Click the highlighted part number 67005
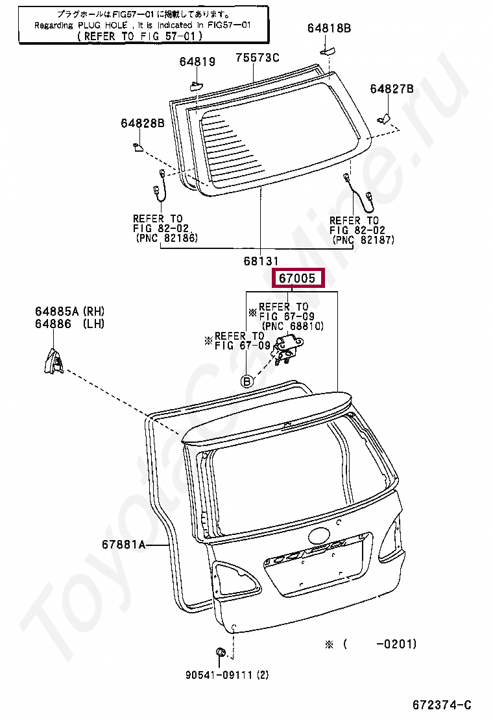(x=298, y=279)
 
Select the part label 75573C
(x=257, y=58)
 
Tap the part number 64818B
(x=329, y=28)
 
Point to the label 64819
(x=197, y=62)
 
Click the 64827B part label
(x=392, y=89)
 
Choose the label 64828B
(x=142, y=123)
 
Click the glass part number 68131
(x=261, y=261)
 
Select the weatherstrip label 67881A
(x=123, y=545)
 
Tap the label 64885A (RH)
(x=69, y=312)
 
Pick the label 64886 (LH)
(x=69, y=324)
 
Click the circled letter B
(x=246, y=381)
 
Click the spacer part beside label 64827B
(x=383, y=117)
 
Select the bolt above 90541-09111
(x=220, y=652)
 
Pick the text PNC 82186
(x=167, y=239)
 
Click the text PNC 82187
(x=363, y=240)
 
